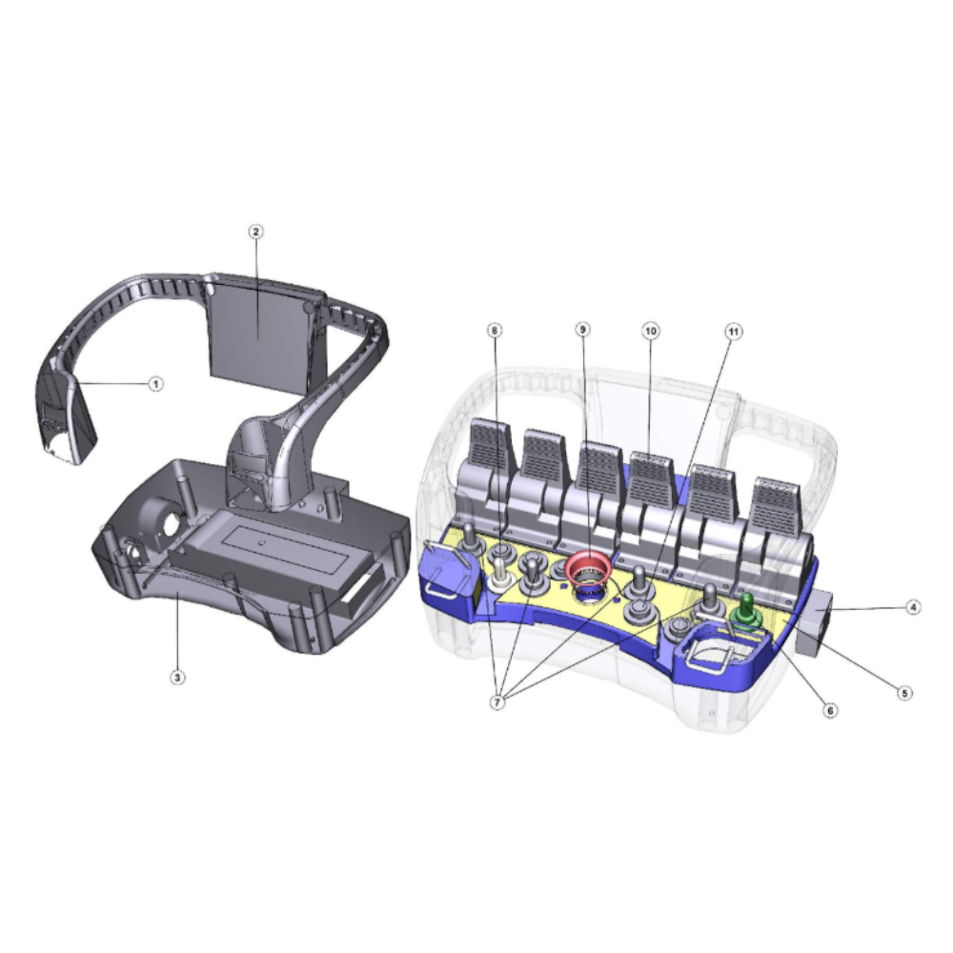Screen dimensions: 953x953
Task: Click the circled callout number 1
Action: click(x=156, y=384)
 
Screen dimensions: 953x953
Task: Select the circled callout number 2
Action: click(x=255, y=232)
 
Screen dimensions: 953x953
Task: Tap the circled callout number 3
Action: click(x=177, y=677)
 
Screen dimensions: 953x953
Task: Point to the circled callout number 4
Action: click(x=912, y=606)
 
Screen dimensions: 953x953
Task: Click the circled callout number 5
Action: click(x=904, y=693)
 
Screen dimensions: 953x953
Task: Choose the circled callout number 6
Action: click(x=830, y=709)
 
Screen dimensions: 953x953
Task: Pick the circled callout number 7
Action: click(x=497, y=702)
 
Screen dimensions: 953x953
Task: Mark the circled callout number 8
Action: click(x=496, y=330)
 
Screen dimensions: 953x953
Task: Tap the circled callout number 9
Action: click(x=582, y=330)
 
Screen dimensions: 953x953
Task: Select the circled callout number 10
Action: click(x=651, y=332)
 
